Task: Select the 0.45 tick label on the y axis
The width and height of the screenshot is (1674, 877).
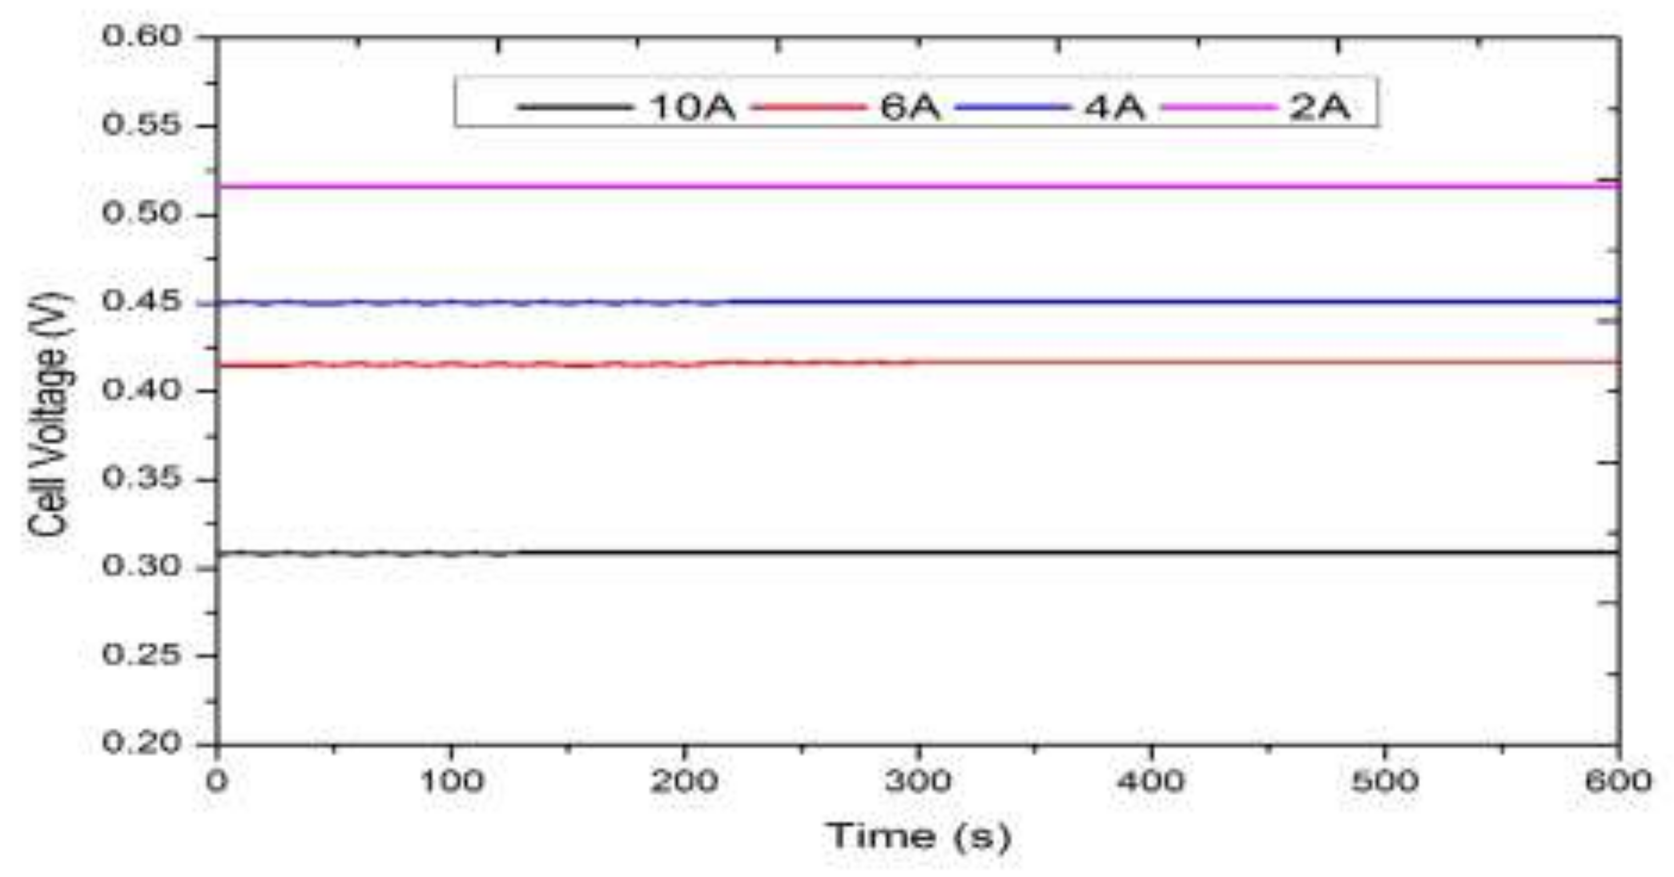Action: click(142, 302)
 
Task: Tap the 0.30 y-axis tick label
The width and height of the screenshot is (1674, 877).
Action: click(142, 567)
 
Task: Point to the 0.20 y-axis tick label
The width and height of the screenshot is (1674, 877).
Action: click(142, 743)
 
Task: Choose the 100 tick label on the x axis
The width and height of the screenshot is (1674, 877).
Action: click(450, 782)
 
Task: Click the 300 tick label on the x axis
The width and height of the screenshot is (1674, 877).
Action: click(918, 782)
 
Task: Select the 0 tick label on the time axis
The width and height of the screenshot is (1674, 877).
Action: click(216, 782)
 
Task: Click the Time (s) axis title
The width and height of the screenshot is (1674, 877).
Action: click(918, 836)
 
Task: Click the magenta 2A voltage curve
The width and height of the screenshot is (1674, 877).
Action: click(910, 187)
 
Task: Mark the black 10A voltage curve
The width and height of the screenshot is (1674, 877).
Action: click(975, 553)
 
